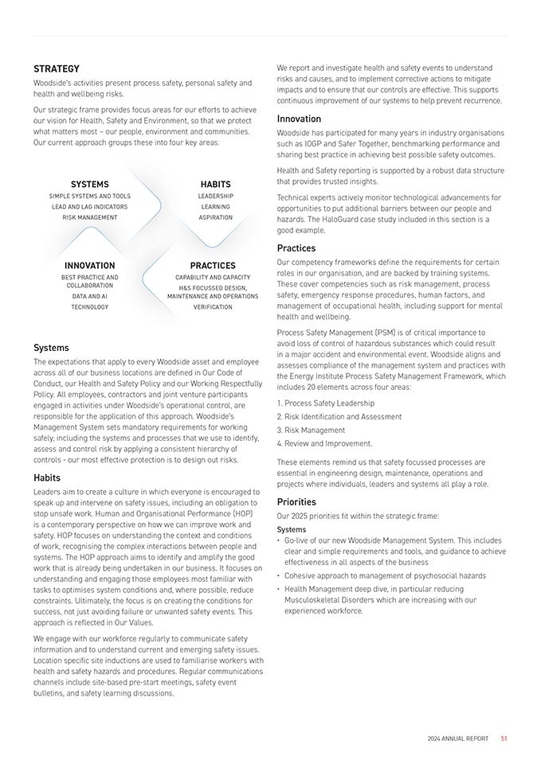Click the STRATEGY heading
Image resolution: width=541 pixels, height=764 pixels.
click(56, 68)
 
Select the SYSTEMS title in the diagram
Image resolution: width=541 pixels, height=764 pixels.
click(89, 185)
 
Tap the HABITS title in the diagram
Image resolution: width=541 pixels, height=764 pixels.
click(215, 185)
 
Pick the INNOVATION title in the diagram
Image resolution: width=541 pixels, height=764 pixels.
click(89, 266)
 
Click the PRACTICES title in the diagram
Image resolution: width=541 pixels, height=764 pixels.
click(213, 266)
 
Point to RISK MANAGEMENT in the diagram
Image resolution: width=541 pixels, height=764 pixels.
click(89, 217)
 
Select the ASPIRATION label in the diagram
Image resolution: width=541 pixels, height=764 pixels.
click(215, 217)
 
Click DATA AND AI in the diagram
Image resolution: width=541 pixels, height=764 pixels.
click(89, 296)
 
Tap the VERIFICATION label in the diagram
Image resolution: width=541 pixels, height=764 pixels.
click(213, 306)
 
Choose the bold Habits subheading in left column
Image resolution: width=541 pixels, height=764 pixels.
click(46, 477)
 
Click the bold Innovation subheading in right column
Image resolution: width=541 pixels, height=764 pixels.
click(299, 119)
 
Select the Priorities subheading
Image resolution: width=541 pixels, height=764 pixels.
click(296, 502)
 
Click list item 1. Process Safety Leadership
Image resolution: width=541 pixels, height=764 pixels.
click(325, 403)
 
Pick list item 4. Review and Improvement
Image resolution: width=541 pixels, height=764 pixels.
click(324, 444)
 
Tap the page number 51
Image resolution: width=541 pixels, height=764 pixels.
click(504, 739)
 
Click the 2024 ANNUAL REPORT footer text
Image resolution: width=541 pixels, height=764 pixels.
click(457, 739)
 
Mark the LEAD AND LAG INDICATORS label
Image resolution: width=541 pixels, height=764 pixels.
click(89, 207)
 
